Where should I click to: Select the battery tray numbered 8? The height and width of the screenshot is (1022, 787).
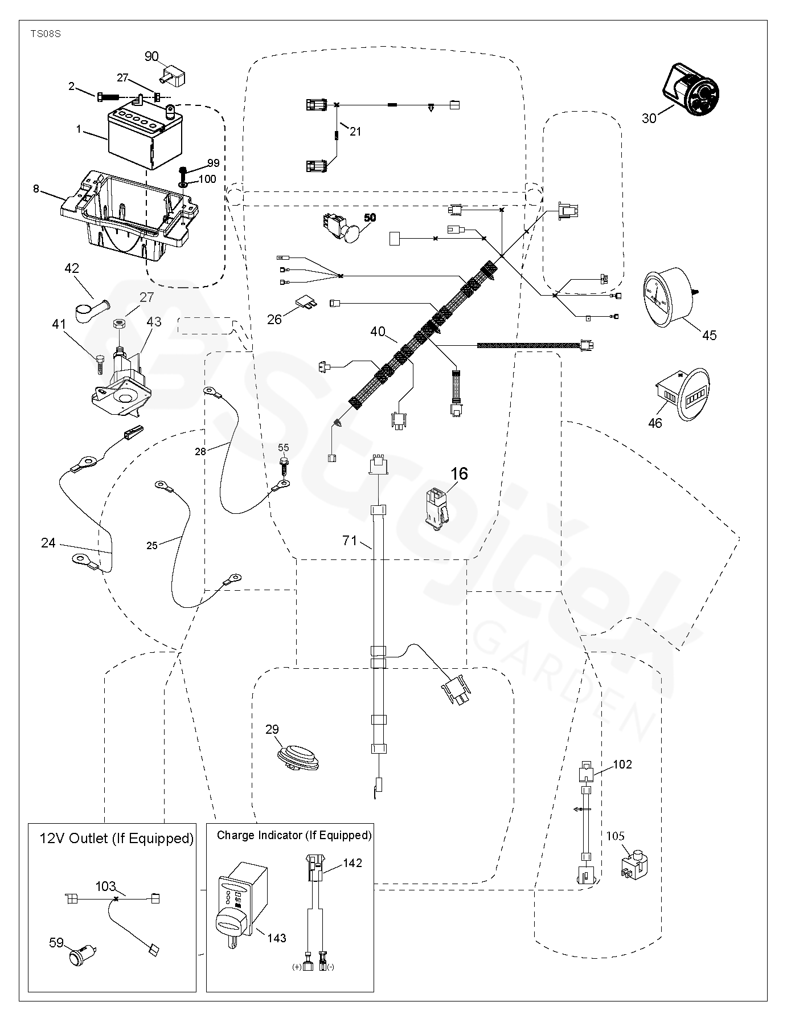click(x=128, y=214)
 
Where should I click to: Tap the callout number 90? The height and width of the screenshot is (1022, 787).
click(x=151, y=56)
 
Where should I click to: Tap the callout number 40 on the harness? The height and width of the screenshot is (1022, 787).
click(x=378, y=332)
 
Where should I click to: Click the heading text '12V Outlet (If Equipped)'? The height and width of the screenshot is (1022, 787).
click(x=116, y=839)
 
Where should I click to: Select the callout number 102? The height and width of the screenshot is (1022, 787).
click(x=622, y=764)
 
